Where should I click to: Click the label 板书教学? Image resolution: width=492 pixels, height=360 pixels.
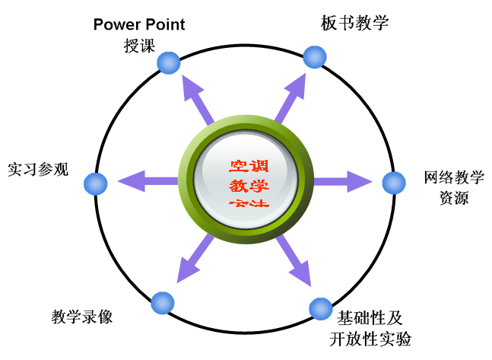355,23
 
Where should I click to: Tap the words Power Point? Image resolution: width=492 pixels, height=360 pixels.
139,24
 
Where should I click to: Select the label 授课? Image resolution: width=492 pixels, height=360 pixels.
139,45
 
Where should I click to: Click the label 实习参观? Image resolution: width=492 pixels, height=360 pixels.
38,169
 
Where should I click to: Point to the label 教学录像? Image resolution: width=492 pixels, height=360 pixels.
82,316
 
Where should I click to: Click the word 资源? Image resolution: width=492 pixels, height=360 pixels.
454,199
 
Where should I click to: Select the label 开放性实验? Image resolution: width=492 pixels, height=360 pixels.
371,338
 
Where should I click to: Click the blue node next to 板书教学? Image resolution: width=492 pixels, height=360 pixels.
314,56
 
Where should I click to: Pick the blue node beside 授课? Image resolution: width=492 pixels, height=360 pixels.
168,62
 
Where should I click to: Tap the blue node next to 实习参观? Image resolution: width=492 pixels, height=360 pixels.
96,183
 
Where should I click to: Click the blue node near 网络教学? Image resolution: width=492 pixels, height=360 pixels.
393,183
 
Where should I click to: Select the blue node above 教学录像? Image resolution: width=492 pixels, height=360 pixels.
162,302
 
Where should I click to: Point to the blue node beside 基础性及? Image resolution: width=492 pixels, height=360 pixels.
321,309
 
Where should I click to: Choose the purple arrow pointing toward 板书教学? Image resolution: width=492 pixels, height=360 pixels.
291,95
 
